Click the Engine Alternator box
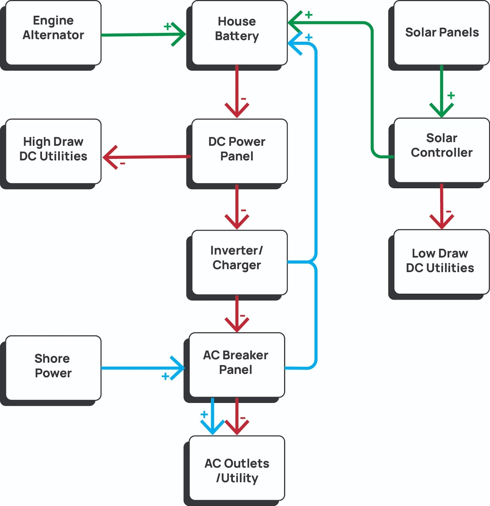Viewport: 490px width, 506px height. pos(53,33)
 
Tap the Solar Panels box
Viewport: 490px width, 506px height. pos(442,33)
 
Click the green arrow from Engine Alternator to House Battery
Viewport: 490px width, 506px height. pos(143,35)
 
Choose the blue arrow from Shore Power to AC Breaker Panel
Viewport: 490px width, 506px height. pos(143,368)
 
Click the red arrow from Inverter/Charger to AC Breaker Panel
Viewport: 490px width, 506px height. pos(237,313)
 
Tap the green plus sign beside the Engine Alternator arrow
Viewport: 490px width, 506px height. pos(167,27)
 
